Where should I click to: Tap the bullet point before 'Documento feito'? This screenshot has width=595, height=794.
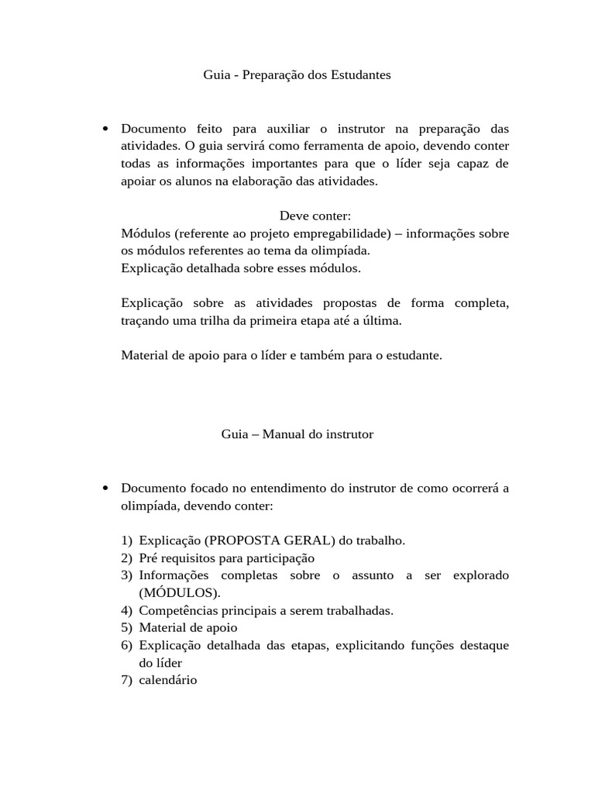(x=105, y=128)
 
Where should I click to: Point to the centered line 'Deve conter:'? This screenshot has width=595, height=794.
(x=315, y=216)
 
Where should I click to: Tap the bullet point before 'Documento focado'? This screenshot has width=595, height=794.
(x=105, y=488)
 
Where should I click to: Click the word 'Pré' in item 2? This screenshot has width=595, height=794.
(x=149, y=558)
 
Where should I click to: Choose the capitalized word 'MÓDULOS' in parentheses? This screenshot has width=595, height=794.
(x=178, y=592)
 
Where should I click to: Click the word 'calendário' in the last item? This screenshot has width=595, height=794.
(x=168, y=680)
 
